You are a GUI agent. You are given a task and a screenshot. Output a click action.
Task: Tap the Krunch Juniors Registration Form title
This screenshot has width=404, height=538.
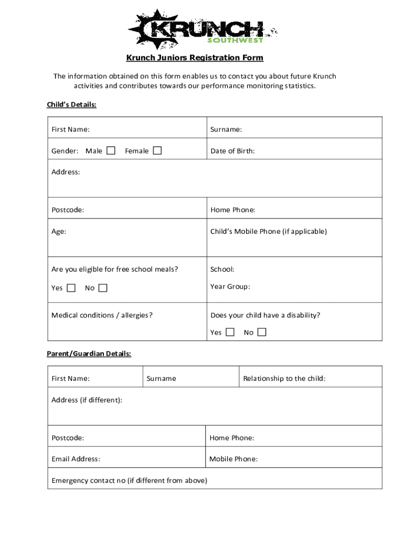(x=195, y=58)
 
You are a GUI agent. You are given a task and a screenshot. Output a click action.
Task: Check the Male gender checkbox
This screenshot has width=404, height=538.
(x=111, y=151)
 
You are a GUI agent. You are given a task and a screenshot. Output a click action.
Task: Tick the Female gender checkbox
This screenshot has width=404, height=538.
(x=157, y=151)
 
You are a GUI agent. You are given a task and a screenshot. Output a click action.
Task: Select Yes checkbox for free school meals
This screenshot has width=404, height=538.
(x=71, y=288)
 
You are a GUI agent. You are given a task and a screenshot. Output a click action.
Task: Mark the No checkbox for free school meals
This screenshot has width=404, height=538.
(x=103, y=288)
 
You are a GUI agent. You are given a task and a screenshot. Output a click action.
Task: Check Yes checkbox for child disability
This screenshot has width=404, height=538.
(x=230, y=332)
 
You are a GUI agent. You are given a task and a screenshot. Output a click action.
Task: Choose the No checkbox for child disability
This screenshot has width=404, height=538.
(x=262, y=332)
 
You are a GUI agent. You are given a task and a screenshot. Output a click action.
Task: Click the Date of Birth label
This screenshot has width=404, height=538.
(x=232, y=151)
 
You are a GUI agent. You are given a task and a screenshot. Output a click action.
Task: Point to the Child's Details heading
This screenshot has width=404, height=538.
(x=71, y=105)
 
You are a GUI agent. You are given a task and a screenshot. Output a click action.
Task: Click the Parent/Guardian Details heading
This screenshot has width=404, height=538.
(x=89, y=354)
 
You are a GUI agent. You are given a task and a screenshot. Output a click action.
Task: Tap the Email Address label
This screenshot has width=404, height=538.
(x=76, y=459)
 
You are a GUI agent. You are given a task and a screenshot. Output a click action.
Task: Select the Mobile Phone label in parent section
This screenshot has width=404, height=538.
(x=233, y=459)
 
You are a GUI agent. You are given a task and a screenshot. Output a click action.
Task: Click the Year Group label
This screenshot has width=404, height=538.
(x=230, y=286)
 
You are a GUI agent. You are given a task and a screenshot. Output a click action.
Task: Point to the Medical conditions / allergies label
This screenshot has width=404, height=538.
(x=102, y=315)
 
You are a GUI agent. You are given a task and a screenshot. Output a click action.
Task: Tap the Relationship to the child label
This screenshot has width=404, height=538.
(x=284, y=378)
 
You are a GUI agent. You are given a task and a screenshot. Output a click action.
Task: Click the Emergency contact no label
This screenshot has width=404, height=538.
(x=129, y=481)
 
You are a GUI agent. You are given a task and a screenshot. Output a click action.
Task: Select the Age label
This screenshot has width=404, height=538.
(x=59, y=231)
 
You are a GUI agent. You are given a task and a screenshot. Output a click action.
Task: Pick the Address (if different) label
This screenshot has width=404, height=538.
(x=87, y=400)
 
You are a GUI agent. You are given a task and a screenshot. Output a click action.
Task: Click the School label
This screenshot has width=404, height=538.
(x=222, y=270)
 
